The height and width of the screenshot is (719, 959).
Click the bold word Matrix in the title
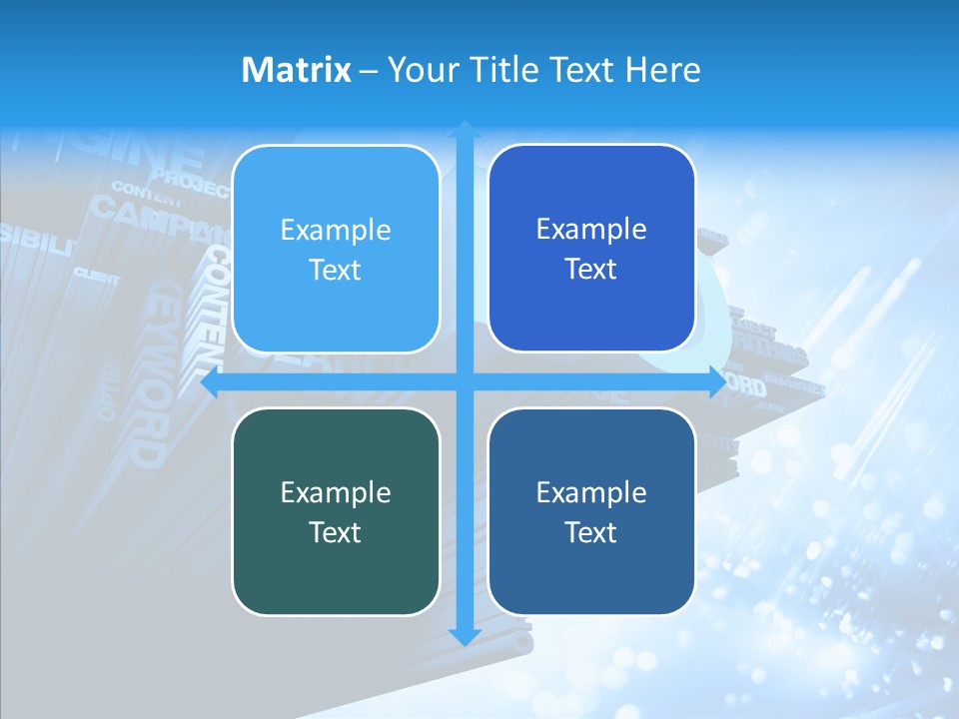click(x=297, y=70)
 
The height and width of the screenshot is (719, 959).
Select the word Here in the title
click(x=663, y=70)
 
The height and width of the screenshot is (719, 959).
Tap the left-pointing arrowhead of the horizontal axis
click(x=211, y=382)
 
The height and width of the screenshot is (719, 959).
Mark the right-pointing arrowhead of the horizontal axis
click(x=717, y=382)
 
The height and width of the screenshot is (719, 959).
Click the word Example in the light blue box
click(x=336, y=231)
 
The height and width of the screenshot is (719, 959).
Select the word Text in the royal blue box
click(x=591, y=270)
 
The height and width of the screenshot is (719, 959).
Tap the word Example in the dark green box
click(x=336, y=492)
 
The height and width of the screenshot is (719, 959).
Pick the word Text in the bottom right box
click(x=591, y=532)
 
